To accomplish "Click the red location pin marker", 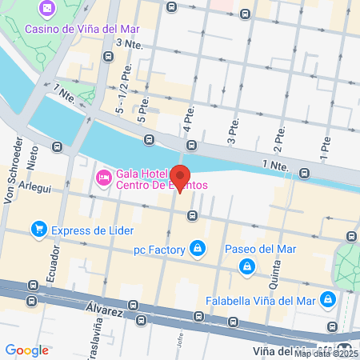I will click(x=181, y=177).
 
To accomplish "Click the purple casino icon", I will click(x=48, y=9).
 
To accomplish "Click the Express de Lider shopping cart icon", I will click(x=38, y=230).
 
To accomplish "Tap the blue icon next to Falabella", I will click(x=328, y=299).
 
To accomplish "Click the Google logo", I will click(x=26, y=350).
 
